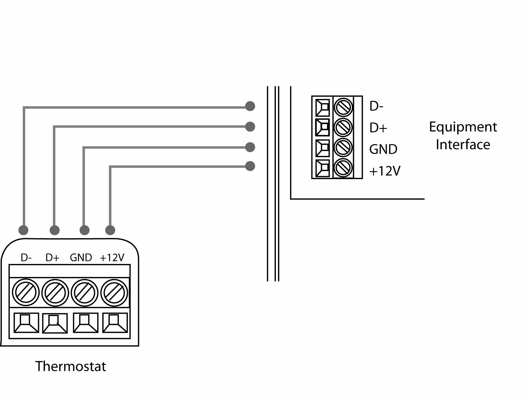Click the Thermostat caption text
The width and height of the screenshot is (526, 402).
click(70, 367)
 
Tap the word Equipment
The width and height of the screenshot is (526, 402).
click(463, 127)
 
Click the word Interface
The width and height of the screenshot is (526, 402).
click(463, 145)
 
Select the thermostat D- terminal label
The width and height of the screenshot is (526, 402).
click(26, 258)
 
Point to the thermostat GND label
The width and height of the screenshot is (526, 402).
click(81, 258)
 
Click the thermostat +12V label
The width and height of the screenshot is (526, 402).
click(112, 258)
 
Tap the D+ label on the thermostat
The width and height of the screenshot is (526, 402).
click(52, 258)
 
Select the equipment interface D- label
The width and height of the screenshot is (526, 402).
click(376, 106)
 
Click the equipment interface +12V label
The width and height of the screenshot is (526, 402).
click(385, 171)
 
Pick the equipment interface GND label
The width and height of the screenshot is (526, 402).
click(383, 149)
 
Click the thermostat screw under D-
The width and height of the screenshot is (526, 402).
click(26, 293)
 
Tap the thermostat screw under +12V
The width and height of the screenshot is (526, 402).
click(114, 293)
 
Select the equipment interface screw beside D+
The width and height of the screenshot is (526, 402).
click(343, 127)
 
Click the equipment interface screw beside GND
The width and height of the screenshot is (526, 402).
click(343, 147)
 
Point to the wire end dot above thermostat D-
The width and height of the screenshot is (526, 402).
click(23, 230)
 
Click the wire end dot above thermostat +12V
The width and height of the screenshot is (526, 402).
click(110, 230)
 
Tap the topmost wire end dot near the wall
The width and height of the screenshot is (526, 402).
click(250, 106)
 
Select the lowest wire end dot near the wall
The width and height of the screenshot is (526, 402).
click(250, 166)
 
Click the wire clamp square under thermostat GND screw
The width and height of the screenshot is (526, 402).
click(85, 323)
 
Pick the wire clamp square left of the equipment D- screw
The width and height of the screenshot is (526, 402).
click(323, 108)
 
